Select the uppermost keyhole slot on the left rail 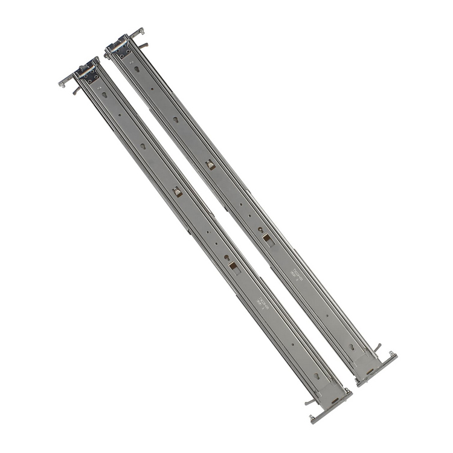coord(104,95)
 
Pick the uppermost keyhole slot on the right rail coord(137,69)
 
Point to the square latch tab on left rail coord(177,191)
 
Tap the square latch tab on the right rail coord(210,164)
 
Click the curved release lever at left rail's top coord(75,91)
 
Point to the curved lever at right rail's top coord(143,45)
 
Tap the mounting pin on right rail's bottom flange coord(393,353)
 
